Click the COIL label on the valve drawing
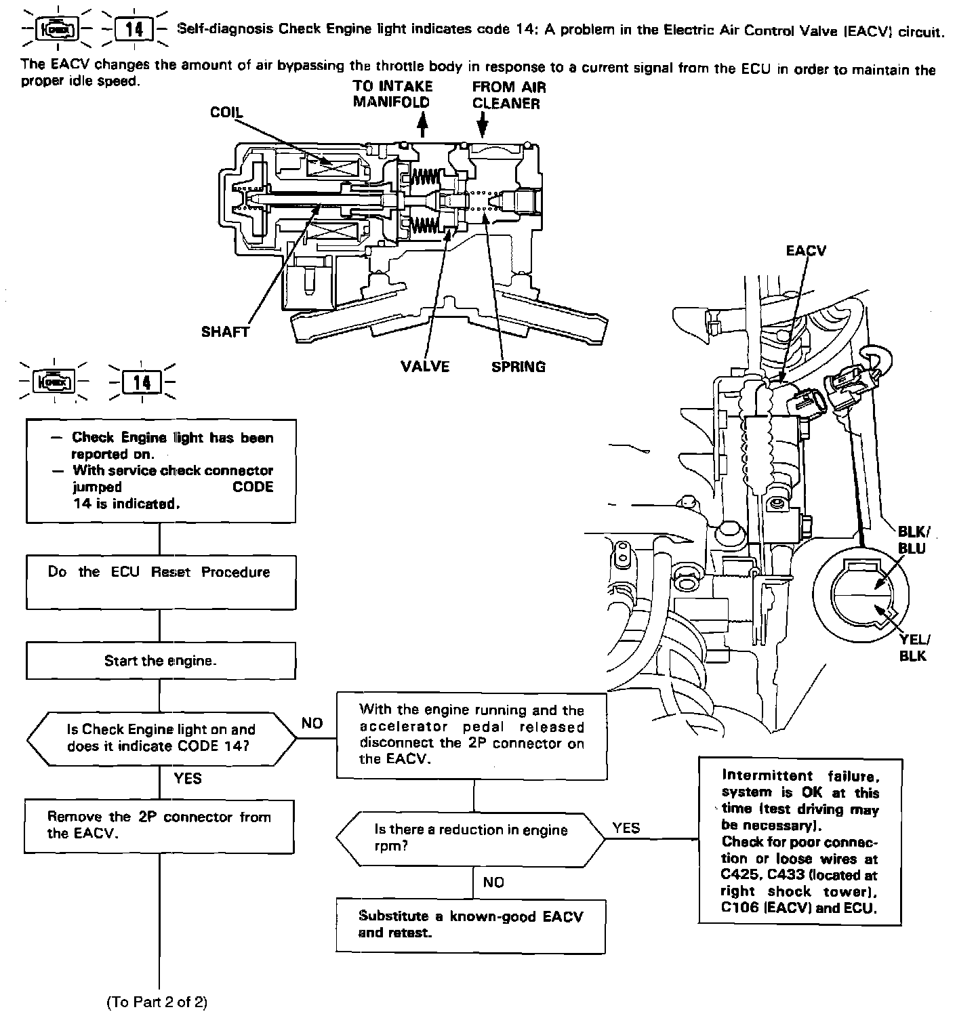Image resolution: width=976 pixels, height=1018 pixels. coord(226,113)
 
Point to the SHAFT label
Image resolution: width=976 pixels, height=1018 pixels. coord(225,332)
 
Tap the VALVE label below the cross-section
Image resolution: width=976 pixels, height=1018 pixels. coord(425,367)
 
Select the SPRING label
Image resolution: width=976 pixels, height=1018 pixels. coord(518,367)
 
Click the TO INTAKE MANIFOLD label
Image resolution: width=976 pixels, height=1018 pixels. coord(392,95)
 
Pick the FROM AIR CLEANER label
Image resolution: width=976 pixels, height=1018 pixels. coord(508,96)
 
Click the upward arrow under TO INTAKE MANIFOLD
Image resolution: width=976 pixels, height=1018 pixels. coord(423,125)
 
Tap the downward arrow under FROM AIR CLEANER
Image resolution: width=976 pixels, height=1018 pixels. coord(482,125)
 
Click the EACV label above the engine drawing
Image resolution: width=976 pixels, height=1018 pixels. coord(806,251)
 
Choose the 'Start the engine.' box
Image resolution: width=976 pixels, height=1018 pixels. coord(161,661)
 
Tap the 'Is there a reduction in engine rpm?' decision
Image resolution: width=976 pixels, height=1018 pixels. coord(471,838)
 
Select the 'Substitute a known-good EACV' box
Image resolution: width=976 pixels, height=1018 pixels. coord(471,925)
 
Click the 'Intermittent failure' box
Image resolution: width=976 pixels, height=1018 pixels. coord(800,841)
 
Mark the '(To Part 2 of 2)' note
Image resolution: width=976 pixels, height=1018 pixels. coord(157,1002)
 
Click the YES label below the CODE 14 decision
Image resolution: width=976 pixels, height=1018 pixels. coord(188,778)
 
